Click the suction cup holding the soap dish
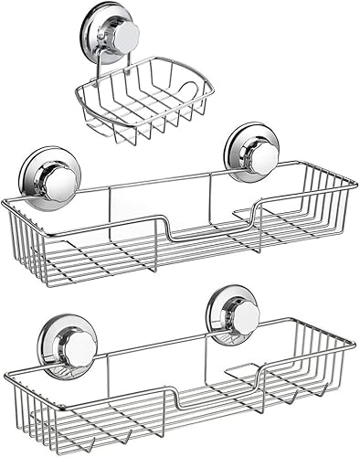click(x=115, y=37)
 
